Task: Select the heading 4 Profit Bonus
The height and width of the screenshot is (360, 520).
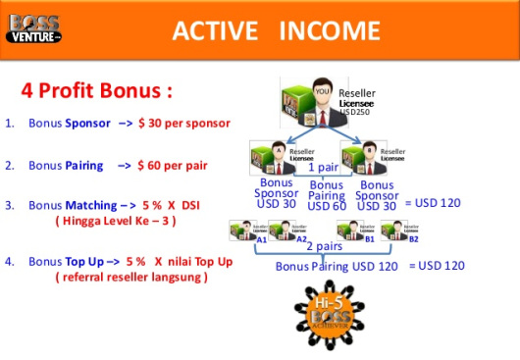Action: tap(96, 92)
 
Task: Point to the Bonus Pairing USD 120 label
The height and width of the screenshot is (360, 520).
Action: tap(337, 266)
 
